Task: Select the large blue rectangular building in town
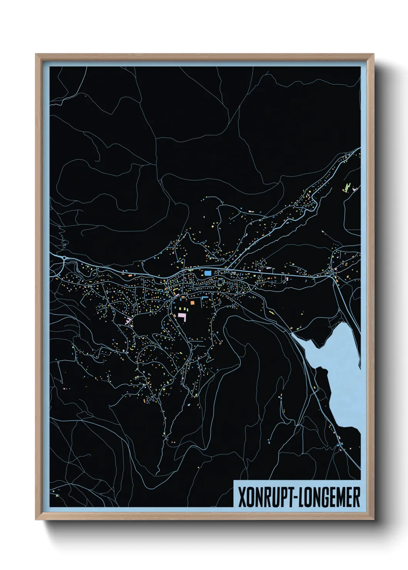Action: tap(208, 273)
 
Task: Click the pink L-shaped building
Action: tap(182, 317)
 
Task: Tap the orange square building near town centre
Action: tap(192, 303)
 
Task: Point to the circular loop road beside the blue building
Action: tap(220, 282)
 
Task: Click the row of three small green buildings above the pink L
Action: tap(181, 309)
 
